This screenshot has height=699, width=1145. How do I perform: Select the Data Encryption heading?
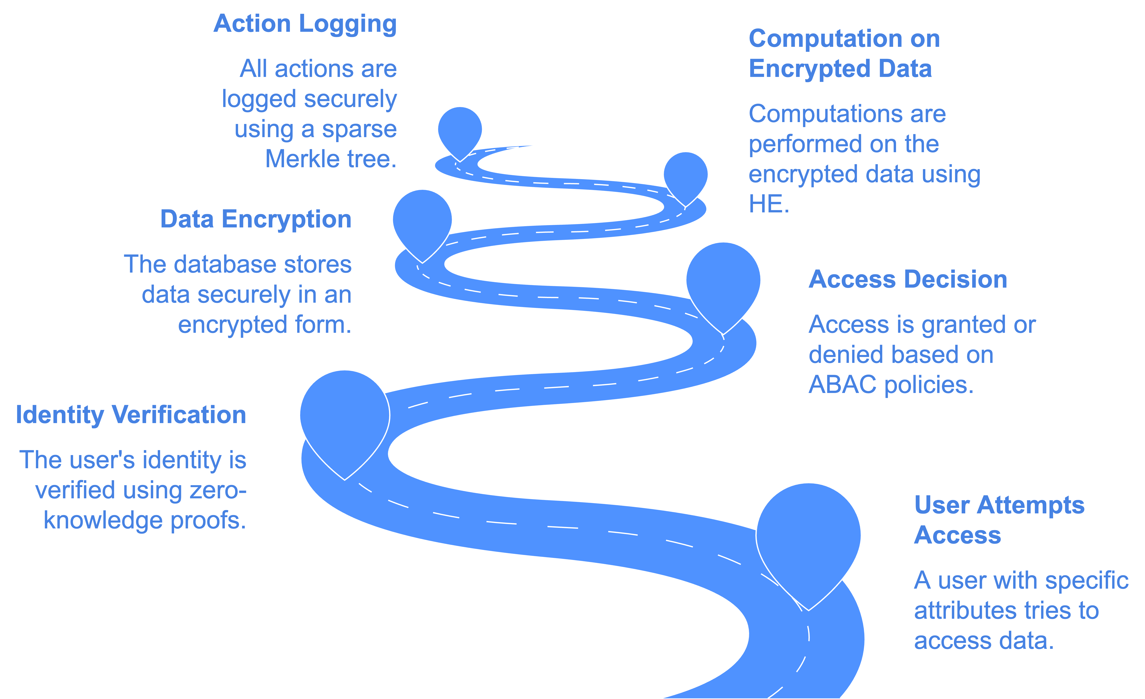tap(256, 219)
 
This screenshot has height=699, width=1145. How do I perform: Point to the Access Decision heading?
tap(908, 280)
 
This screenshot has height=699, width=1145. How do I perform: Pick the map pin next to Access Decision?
tap(723, 281)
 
